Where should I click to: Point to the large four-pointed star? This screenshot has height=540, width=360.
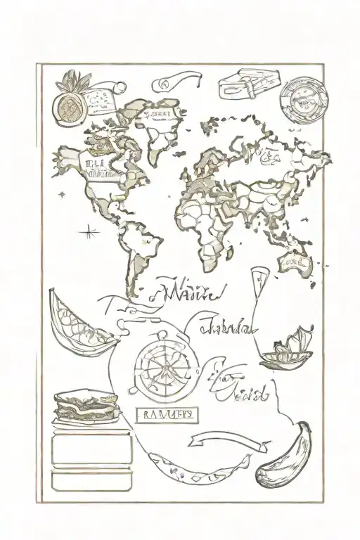pyautogui.click(x=89, y=230)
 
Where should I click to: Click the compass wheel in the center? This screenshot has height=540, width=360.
pyautogui.click(x=160, y=364)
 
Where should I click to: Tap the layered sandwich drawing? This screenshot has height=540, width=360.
pyautogui.click(x=84, y=406)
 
